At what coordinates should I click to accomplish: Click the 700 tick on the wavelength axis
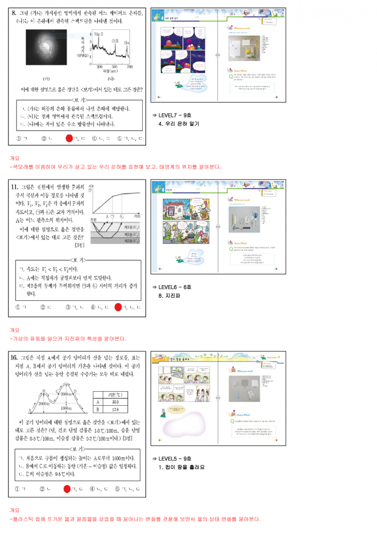(130, 67)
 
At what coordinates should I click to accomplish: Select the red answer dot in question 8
(69, 139)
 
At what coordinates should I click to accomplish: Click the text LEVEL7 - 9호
(175, 115)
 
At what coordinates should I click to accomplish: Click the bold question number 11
(15, 187)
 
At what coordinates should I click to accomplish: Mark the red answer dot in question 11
(118, 308)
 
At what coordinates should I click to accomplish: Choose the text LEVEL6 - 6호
(175, 287)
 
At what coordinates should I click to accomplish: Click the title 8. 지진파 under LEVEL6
(170, 295)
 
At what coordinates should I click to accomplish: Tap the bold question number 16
(15, 358)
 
